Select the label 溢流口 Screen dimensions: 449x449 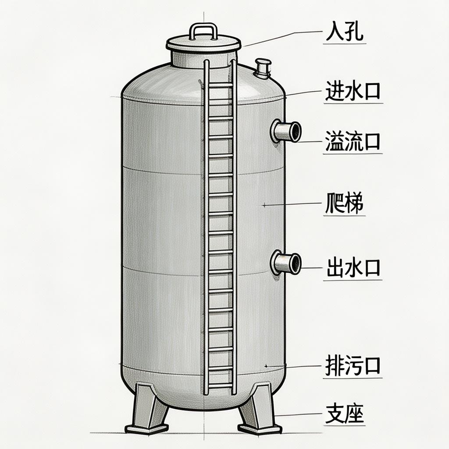coord(353,143)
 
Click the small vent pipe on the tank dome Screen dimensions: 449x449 coord(263,68)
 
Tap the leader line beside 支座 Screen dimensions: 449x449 coord(298,415)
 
